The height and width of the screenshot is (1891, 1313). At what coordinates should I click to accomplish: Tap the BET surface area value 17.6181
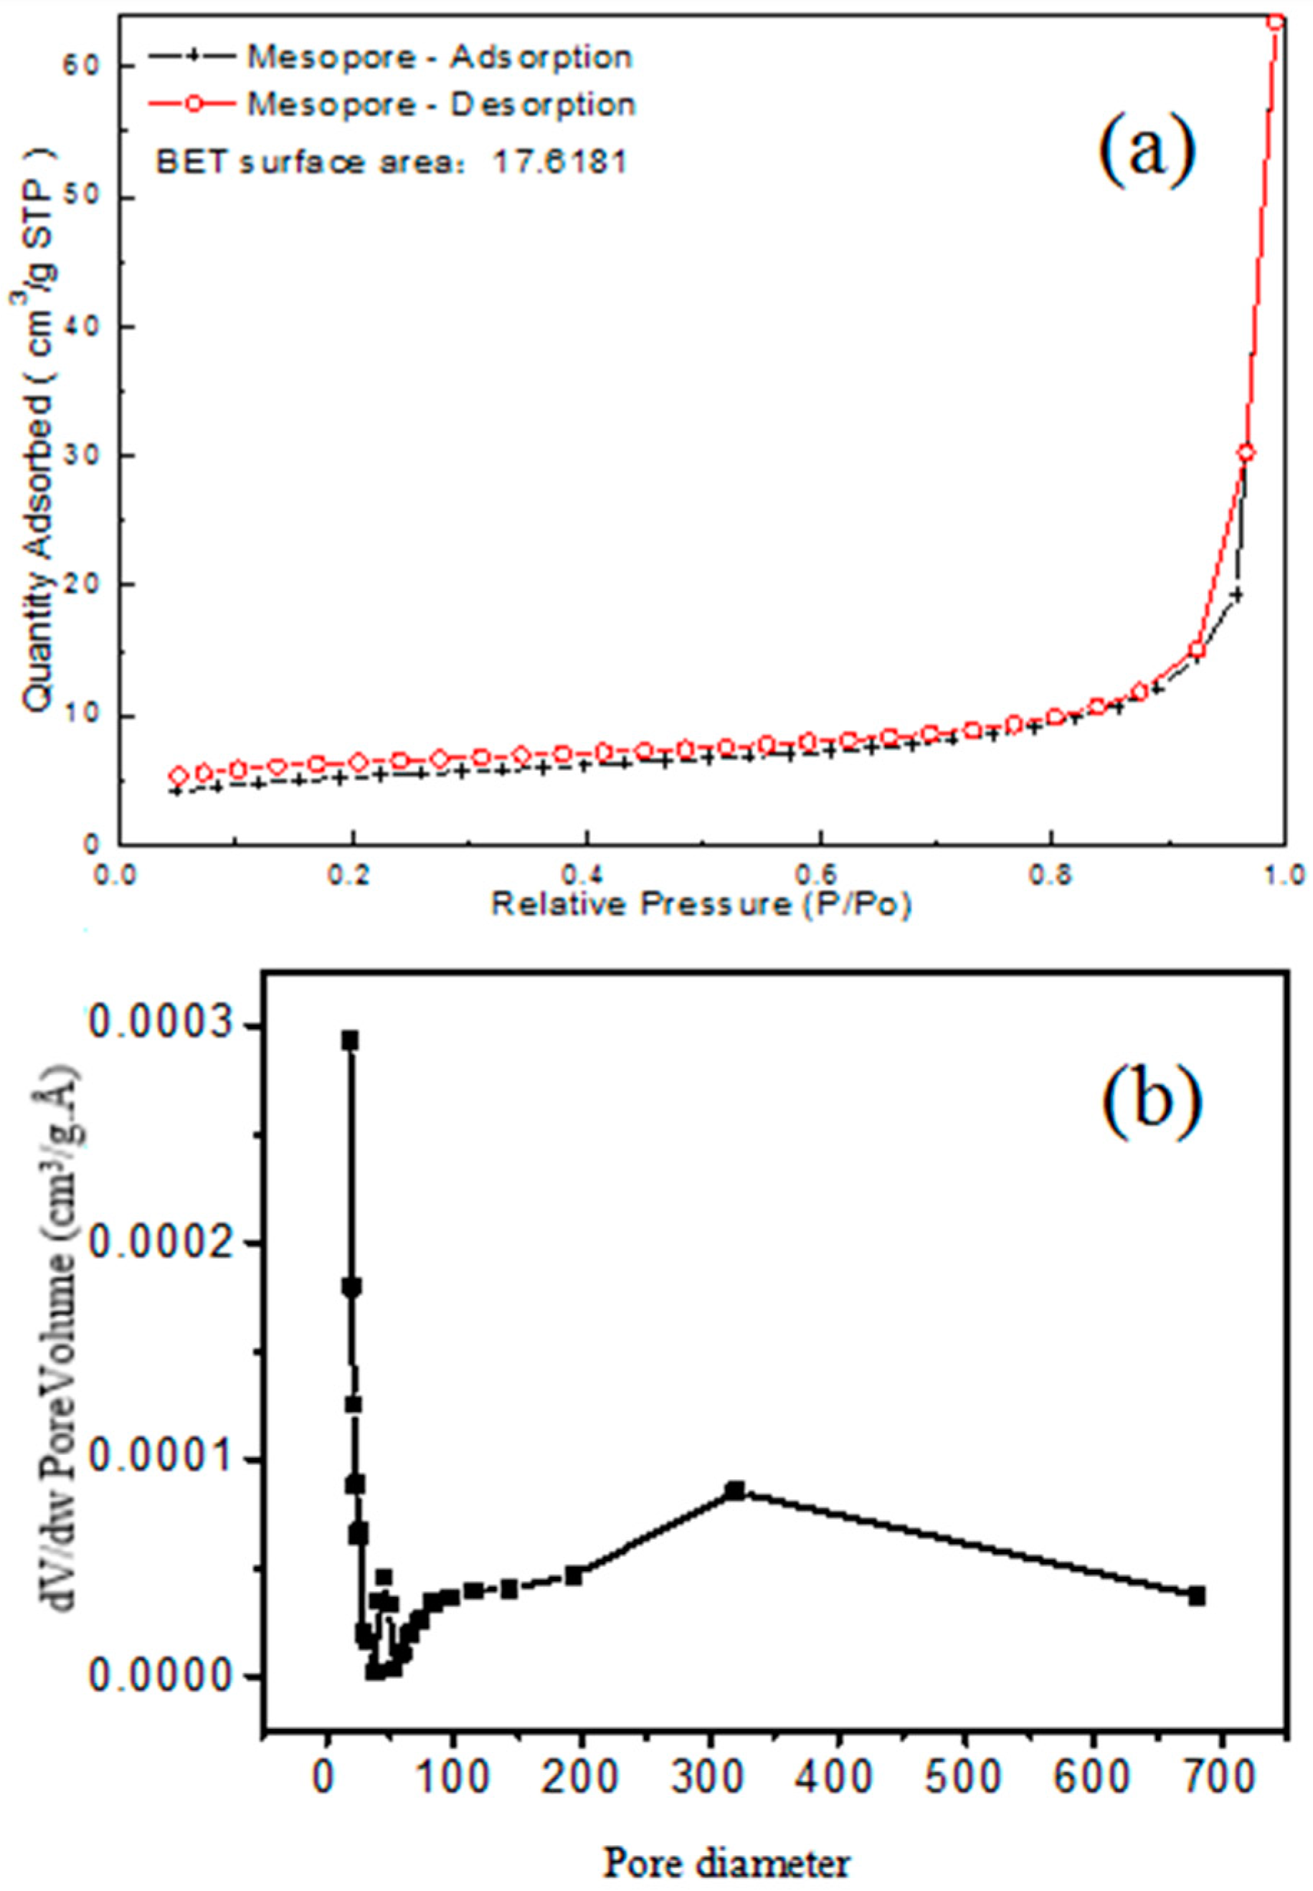pos(559,162)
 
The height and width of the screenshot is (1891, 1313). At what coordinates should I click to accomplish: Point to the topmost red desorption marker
pos(1275,22)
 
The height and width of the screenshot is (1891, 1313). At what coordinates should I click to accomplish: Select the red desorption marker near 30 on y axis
pos(1246,453)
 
